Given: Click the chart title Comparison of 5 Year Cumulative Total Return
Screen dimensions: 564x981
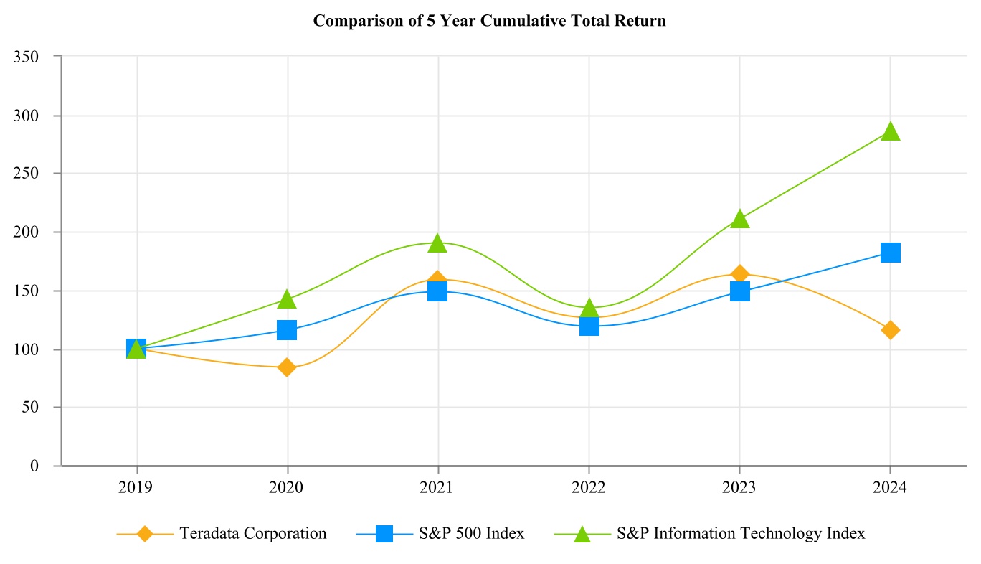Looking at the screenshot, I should tap(490, 21).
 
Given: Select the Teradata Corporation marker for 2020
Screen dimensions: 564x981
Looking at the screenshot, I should tap(288, 367).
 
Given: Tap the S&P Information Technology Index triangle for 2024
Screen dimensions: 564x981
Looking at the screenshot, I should tap(890, 131).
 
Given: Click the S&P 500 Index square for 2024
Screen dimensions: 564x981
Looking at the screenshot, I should tap(890, 253).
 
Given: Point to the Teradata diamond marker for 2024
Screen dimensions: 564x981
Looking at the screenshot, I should tap(890, 330).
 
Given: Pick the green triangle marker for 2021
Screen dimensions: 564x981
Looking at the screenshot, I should tap(438, 244).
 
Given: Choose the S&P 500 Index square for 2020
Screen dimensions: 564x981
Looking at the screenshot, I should tap(288, 330).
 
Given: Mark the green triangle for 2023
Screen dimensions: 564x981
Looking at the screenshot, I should tap(739, 219).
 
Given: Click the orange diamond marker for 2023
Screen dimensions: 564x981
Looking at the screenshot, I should tap(739, 274).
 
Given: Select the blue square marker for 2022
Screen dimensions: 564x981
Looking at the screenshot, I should tap(589, 326).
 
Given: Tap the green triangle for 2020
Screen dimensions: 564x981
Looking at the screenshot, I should tap(288, 299).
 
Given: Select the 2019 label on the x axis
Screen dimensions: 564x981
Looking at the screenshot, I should tap(137, 488).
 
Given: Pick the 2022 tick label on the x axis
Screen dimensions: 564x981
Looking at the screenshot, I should tap(589, 488).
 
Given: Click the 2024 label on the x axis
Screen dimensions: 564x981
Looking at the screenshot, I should tap(890, 488).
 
